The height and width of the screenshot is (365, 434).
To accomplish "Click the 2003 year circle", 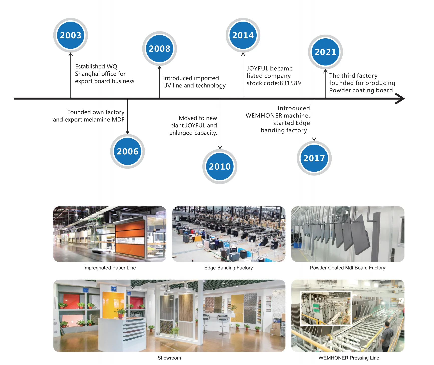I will point(71,35).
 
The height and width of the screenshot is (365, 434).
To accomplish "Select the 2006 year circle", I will point(127,151).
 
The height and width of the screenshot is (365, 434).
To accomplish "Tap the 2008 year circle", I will point(159,49).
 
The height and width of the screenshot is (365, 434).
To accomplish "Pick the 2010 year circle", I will point(220,166).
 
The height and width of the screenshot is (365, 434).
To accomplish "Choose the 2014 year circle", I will point(243,35).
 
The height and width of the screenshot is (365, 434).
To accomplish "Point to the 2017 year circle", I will point(314,158).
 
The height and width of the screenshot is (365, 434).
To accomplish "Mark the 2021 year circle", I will point(325,52).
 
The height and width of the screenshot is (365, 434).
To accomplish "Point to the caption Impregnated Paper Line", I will point(110,268).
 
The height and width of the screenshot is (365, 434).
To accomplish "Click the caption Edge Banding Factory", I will point(229,268).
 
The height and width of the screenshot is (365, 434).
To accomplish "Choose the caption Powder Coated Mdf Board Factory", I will point(348,268).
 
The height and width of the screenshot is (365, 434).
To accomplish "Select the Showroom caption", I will point(169,358).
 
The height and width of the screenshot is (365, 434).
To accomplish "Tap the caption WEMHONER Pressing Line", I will point(349,358).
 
